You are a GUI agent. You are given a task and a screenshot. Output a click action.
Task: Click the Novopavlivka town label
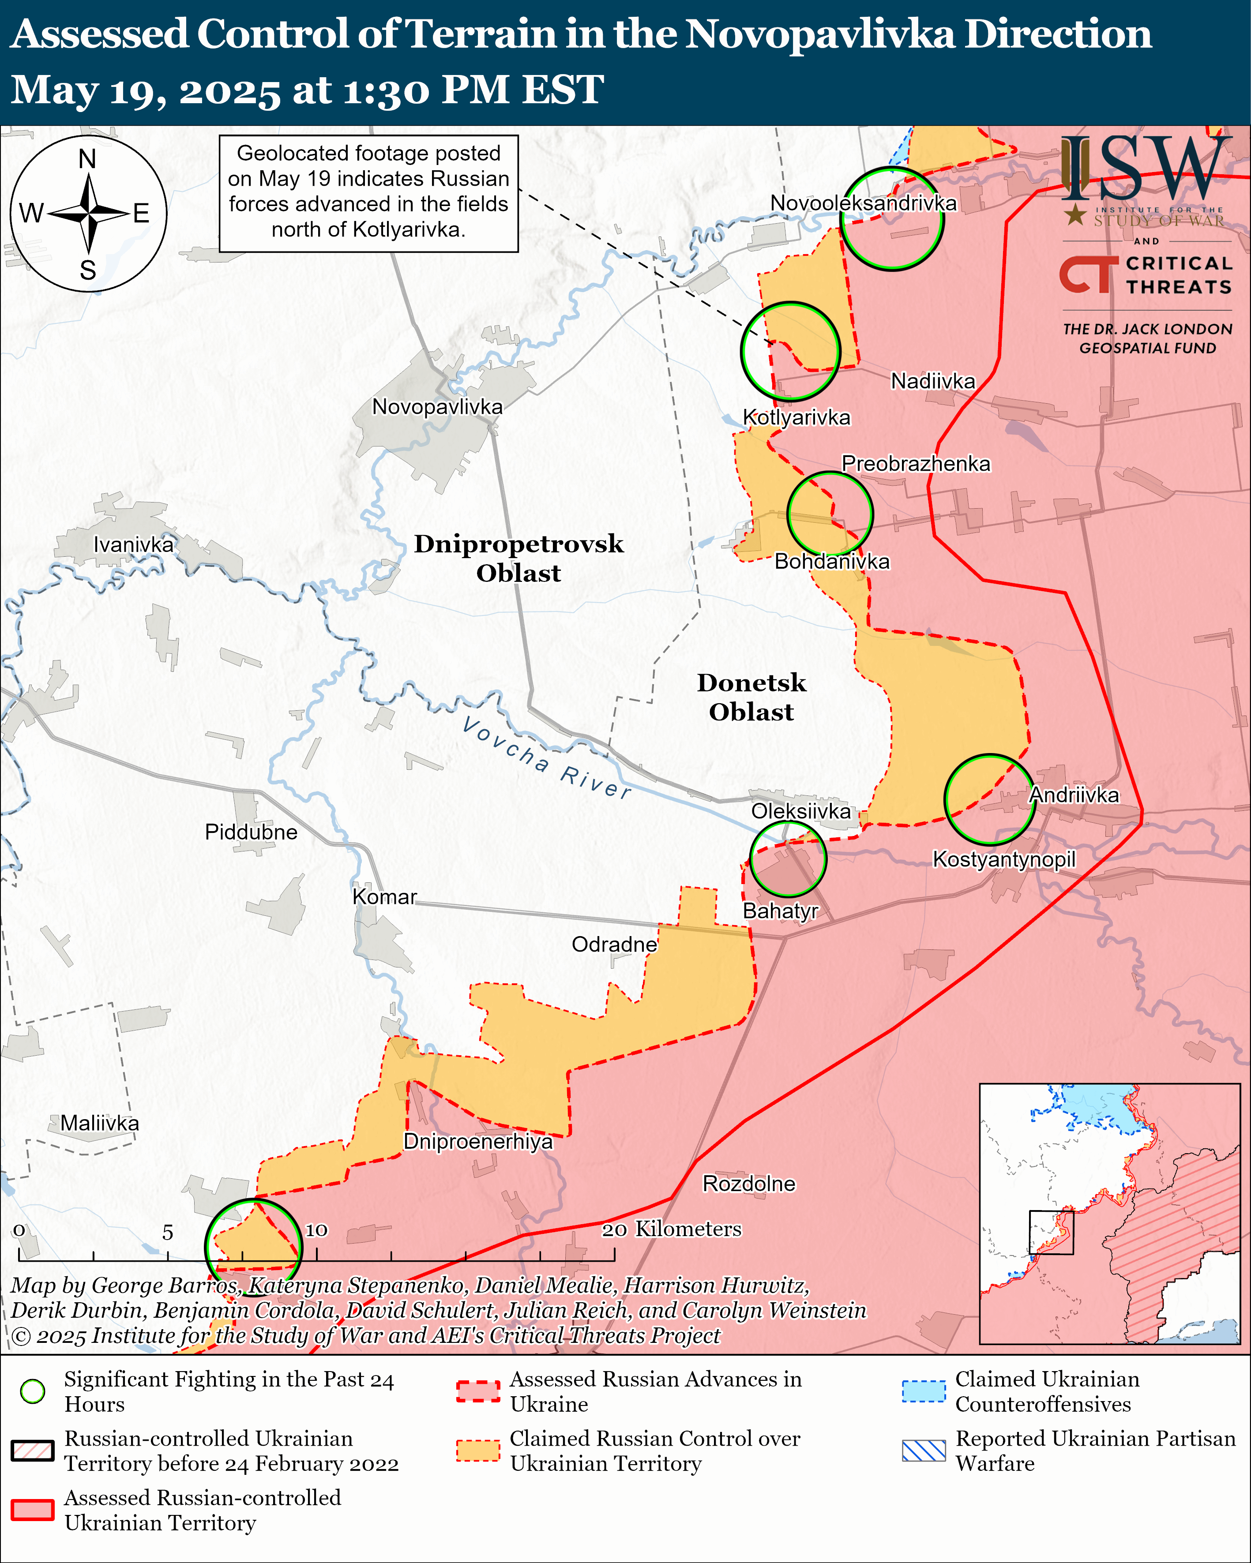(437, 407)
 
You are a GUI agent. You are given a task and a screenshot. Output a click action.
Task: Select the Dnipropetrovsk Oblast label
(518, 558)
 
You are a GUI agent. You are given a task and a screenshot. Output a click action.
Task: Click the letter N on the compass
(88, 159)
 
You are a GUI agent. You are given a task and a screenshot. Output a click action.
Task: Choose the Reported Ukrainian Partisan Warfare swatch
(924, 1451)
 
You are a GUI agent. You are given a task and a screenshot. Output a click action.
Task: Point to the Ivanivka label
(133, 544)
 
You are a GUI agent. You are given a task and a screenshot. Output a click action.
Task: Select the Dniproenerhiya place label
(478, 1141)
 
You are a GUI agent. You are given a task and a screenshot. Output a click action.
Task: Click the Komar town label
(384, 897)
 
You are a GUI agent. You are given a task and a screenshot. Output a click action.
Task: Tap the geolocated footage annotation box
(368, 193)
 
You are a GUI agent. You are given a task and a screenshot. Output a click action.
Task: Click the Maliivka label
(99, 1123)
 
